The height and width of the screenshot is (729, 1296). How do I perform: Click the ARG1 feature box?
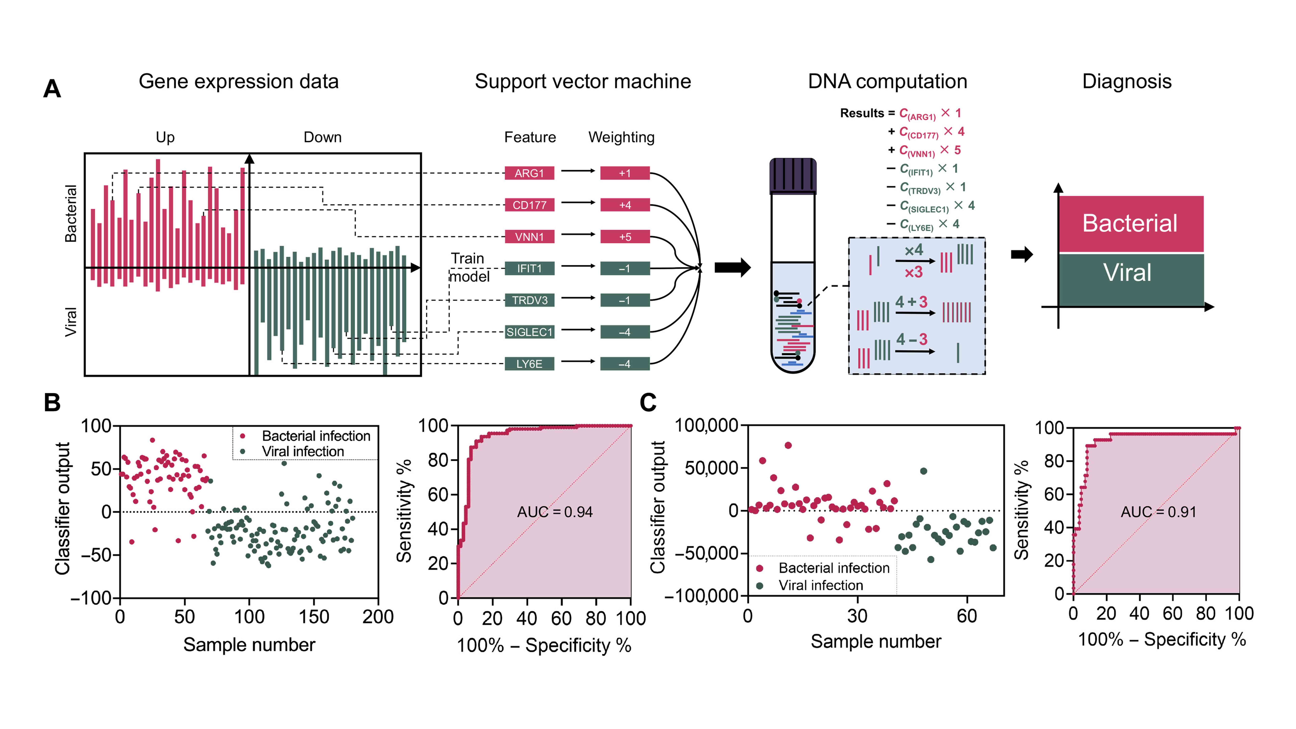click(x=529, y=173)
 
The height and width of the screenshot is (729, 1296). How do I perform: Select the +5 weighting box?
click(x=625, y=236)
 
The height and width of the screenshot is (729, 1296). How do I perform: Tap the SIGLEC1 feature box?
click(x=529, y=332)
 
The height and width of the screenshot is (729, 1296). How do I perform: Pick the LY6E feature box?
click(x=529, y=364)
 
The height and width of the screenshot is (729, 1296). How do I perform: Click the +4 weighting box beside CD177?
click(x=625, y=205)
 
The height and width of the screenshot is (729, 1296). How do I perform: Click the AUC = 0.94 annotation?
click(x=555, y=512)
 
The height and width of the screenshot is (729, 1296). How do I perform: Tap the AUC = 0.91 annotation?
click(x=1158, y=512)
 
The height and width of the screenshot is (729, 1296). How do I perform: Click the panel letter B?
click(x=52, y=402)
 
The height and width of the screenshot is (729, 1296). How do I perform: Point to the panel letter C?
click(x=648, y=402)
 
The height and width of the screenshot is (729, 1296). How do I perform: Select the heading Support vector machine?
click(x=583, y=81)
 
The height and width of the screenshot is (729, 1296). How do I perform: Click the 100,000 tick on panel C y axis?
click(x=706, y=426)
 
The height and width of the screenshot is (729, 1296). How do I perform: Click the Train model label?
click(x=469, y=268)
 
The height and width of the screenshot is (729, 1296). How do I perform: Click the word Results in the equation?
click(x=862, y=113)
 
